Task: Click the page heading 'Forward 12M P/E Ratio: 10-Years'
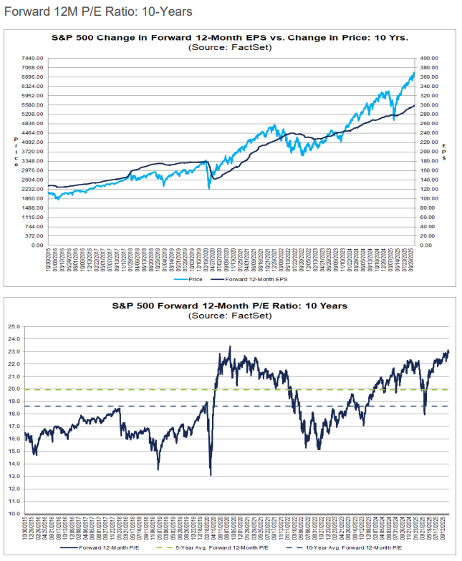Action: click(x=99, y=12)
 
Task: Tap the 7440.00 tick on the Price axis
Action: click(x=34, y=58)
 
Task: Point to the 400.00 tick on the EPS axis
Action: click(x=430, y=58)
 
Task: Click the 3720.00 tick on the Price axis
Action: click(x=34, y=152)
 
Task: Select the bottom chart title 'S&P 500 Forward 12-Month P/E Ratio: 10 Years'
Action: click(x=231, y=306)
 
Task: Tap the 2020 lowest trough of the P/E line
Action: click(x=211, y=474)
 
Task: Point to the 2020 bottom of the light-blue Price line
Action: click(x=209, y=188)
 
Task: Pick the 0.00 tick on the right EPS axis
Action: click(x=428, y=245)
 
